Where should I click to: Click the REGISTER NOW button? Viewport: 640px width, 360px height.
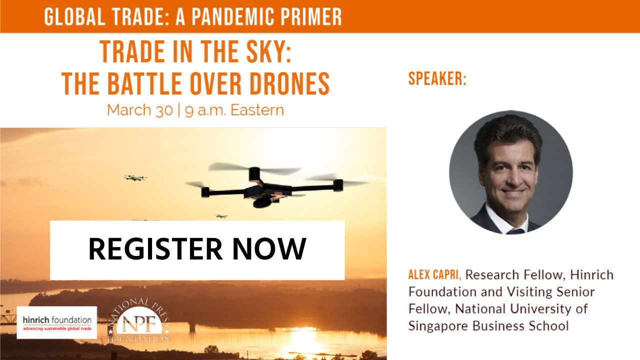point(197,250)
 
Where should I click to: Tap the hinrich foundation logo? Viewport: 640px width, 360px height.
point(57,322)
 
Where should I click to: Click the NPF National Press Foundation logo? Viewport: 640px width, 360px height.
point(139,321)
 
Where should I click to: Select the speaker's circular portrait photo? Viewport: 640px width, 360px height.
point(511,172)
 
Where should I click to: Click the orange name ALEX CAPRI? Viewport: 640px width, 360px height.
point(434,274)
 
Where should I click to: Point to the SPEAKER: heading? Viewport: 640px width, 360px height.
point(437,78)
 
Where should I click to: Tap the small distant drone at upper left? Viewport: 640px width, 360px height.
point(135,178)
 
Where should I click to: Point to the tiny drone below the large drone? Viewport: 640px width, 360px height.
point(221,216)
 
